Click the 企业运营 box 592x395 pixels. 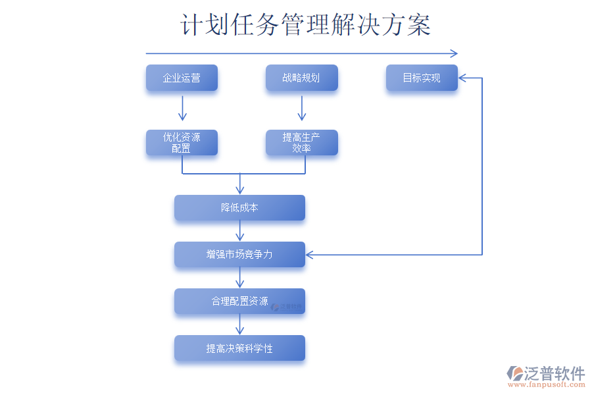(x=182, y=78)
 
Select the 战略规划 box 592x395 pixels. (x=301, y=78)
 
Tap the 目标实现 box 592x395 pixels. (x=421, y=78)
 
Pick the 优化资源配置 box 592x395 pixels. (x=182, y=143)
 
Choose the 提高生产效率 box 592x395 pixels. (x=301, y=143)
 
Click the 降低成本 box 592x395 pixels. (x=239, y=208)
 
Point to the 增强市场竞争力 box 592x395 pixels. (x=239, y=254)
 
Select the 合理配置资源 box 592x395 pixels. (x=239, y=302)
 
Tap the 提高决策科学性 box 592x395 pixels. (x=239, y=348)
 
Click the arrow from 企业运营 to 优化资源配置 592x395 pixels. (x=182, y=108)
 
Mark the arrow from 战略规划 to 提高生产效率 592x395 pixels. (x=302, y=108)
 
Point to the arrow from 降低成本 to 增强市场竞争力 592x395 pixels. (x=239, y=231)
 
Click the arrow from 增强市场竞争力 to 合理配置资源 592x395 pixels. (x=239, y=278)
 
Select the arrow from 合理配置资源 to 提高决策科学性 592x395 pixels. (x=239, y=325)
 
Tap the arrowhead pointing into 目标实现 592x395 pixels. (x=462, y=78)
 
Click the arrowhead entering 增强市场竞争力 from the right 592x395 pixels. (x=310, y=254)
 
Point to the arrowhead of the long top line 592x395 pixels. (x=453, y=53)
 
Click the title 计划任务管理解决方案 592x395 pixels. (x=306, y=26)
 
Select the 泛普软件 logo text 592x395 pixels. (x=554, y=373)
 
